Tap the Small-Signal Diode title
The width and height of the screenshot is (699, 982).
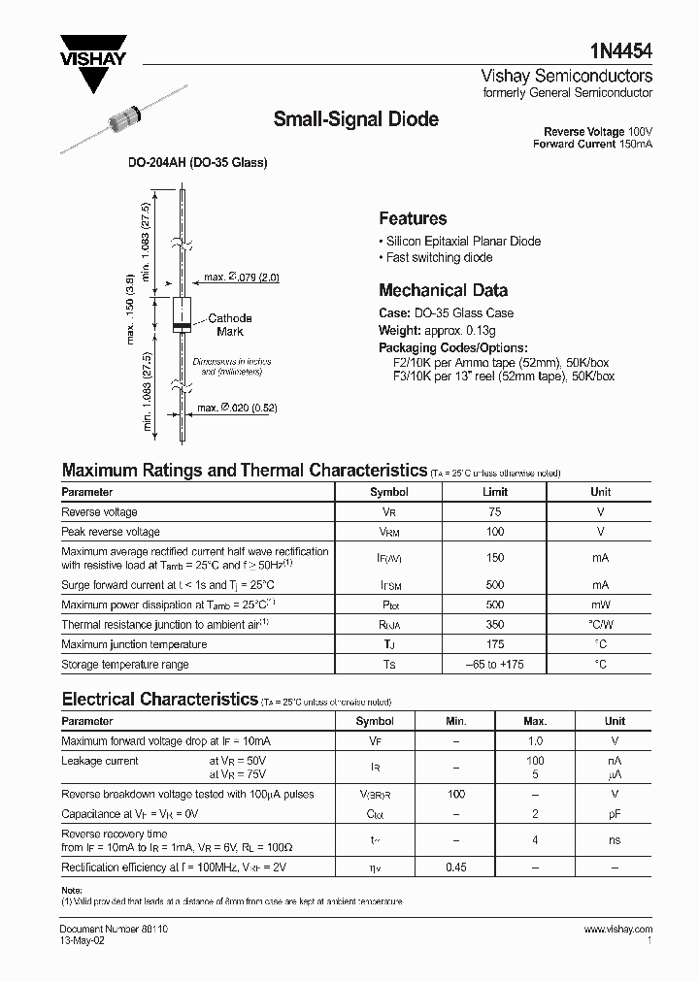coord(356,119)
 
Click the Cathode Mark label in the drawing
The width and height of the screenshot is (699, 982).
coord(230,325)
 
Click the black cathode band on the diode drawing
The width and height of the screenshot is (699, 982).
coord(180,327)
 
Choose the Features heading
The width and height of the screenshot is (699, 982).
coord(413,219)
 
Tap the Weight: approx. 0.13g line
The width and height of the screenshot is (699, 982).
coord(433,331)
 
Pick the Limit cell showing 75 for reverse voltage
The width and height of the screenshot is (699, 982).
coord(495,511)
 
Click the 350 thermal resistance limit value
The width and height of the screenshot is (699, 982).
coord(495,625)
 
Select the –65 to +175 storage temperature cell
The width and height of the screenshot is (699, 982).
coord(495,665)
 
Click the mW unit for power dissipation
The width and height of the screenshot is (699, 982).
coord(600,605)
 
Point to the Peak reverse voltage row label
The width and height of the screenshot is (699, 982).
coord(111,532)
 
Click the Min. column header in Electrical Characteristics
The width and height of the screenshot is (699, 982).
coord(455,721)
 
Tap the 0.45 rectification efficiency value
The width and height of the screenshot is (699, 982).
coord(455,867)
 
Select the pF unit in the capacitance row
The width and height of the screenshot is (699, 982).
coord(615,814)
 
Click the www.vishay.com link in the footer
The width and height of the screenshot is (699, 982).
coord(618,930)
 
